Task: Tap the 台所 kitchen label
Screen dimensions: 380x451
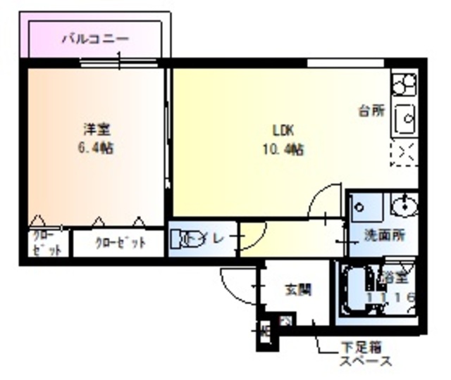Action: coord(371,110)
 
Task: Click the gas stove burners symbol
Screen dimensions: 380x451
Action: coord(405,85)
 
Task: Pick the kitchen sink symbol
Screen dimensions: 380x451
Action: coord(405,122)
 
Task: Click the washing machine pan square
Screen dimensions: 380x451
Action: coord(366,206)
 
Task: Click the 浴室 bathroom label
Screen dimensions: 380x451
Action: coord(394,277)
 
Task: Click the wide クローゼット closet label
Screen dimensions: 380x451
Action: coord(120,244)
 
